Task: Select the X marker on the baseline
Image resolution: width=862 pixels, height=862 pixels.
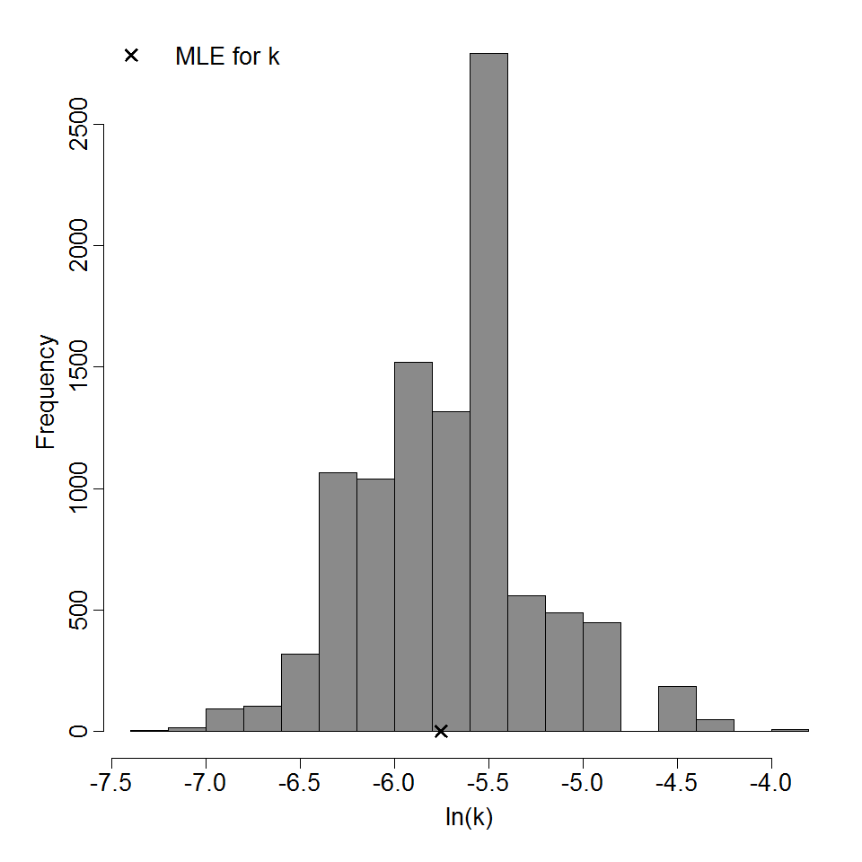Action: click(441, 731)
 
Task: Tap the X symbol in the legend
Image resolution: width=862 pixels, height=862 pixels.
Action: click(131, 56)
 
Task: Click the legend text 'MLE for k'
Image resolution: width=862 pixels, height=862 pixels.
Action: click(227, 57)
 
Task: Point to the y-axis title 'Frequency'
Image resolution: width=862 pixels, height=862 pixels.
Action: click(46, 391)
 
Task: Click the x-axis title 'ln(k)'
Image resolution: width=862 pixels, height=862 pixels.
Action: click(469, 818)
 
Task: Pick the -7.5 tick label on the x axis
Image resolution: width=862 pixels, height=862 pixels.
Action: click(111, 783)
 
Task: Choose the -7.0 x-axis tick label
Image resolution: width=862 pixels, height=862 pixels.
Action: click(206, 783)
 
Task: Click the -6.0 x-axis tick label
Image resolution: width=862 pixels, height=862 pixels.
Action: click(394, 783)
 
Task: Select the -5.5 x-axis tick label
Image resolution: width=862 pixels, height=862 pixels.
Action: click(488, 783)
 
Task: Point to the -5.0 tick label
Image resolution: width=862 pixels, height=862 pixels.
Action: click(583, 783)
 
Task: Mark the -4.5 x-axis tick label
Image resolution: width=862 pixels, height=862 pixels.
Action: click(677, 783)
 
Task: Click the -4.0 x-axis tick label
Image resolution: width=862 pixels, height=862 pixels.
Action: click(771, 783)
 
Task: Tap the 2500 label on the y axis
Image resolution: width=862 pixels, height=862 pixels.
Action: click(79, 124)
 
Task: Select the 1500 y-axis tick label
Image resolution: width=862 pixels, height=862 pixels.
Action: click(79, 366)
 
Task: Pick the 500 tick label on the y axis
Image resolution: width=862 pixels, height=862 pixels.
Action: click(79, 610)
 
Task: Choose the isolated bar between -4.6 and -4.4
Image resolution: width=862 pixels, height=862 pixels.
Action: click(677, 708)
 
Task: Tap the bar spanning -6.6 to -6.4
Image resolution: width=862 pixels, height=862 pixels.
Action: click(300, 692)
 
